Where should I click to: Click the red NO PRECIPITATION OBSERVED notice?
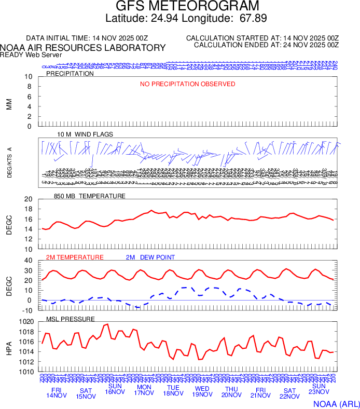tap(187, 84)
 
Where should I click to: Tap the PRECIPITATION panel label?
tap(70, 74)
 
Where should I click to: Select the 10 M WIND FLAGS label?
tap(85, 134)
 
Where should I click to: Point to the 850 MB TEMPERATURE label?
tap(90, 196)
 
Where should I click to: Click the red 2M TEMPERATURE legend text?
tap(75, 257)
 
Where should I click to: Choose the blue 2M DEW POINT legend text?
tap(150, 257)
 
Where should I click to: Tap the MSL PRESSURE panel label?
tap(71, 319)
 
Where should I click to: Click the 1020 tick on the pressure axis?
tap(25, 322)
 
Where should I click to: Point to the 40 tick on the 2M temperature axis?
tap(29, 261)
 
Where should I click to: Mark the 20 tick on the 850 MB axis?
tap(29, 199)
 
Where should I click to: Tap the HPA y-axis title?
tap(9, 346)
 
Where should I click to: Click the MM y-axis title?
tap(9, 102)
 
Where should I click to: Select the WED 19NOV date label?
tap(202, 392)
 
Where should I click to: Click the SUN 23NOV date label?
tap(319, 390)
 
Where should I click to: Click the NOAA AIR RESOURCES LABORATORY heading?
tap(83, 48)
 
